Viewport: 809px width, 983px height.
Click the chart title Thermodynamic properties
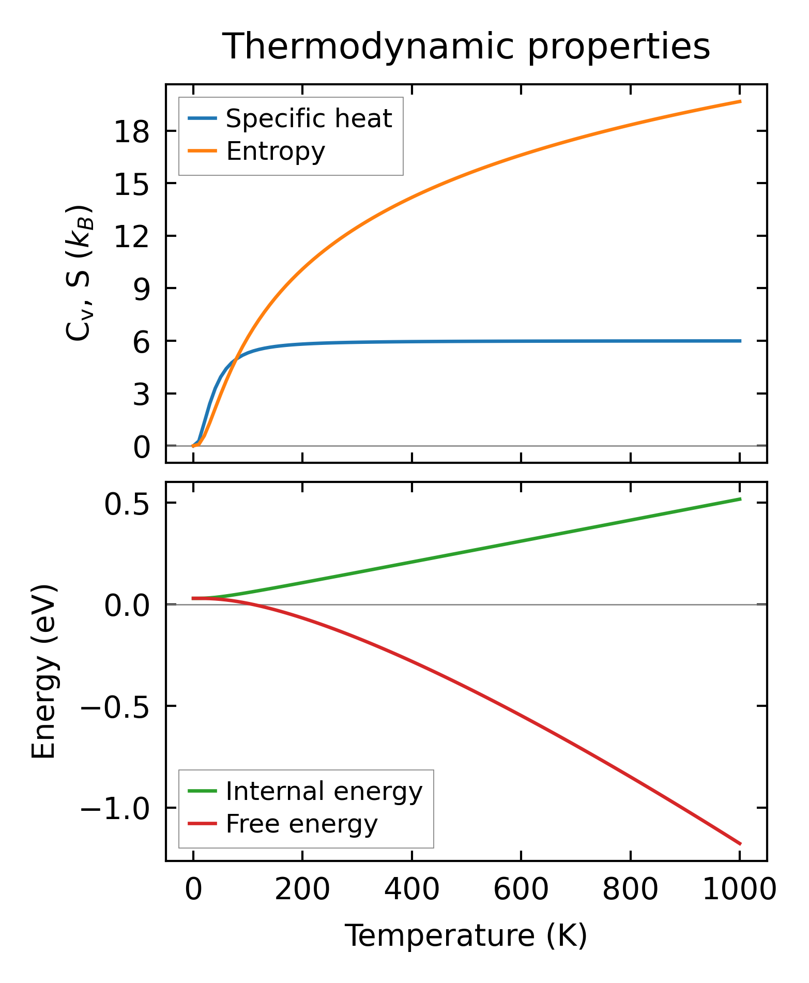point(466,47)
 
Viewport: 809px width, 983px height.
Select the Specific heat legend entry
point(309,119)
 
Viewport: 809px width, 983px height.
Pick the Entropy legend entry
point(276,152)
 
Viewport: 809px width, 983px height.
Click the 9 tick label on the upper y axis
point(141,289)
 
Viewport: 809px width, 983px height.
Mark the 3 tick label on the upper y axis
point(141,395)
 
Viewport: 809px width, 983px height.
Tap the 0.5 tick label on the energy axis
point(127,504)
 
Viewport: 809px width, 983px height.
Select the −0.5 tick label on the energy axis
point(115,707)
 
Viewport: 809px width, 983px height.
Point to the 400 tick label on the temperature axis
point(412,890)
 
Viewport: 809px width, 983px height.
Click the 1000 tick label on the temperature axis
point(740,890)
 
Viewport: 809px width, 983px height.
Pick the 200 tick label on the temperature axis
point(302,890)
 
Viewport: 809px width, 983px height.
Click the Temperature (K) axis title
point(466,935)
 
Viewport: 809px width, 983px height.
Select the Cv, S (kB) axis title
point(79,273)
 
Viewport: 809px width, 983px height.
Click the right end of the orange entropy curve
point(740,101)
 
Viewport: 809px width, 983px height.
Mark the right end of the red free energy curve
point(740,844)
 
